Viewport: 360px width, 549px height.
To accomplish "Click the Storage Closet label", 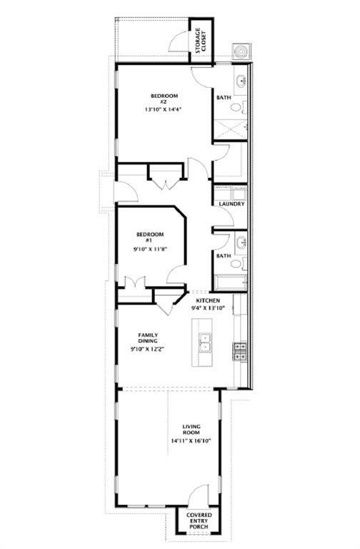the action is (x=201, y=40).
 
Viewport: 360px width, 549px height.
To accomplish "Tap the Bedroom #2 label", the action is (x=164, y=99).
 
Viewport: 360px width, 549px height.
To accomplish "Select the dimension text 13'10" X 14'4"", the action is (x=164, y=109).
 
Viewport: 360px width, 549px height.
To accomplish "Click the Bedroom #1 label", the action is (x=150, y=237).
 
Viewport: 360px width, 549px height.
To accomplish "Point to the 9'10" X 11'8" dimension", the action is (x=150, y=249).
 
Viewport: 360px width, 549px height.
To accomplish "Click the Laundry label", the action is (x=231, y=204).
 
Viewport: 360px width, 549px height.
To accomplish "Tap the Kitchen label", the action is (x=208, y=300).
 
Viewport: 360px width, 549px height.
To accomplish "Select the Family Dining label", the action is (x=148, y=338).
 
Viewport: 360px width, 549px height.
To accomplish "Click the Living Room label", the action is (x=191, y=429).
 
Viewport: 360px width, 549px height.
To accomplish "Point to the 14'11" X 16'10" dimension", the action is (x=191, y=441).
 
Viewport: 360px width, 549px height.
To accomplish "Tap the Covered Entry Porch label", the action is (x=199, y=520).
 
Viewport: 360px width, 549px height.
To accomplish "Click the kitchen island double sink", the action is (x=205, y=342).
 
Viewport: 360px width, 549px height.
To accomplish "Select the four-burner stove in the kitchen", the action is (x=240, y=352).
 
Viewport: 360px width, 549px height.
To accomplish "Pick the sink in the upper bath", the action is (x=241, y=81).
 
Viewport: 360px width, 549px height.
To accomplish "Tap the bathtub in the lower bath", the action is (x=231, y=283).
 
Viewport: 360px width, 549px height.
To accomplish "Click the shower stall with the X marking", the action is (x=230, y=129).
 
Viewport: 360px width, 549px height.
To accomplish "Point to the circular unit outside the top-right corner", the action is (x=240, y=51).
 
